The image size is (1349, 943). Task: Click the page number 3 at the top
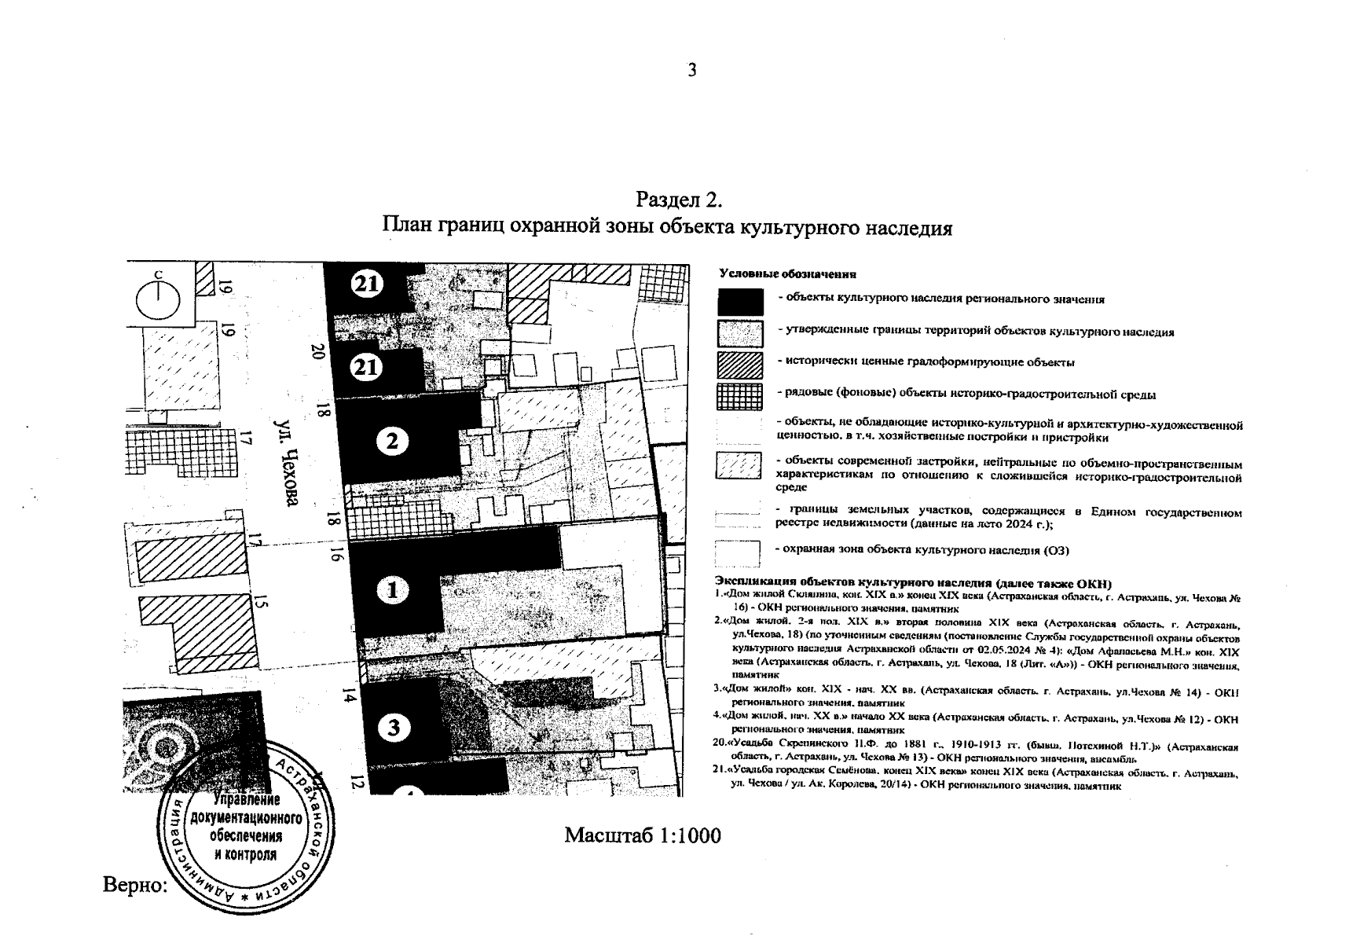point(691,71)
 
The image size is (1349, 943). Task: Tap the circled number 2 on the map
point(392,442)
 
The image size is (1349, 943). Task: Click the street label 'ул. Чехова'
point(287,461)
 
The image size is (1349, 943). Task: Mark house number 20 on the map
point(318,352)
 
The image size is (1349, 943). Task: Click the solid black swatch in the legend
point(739,302)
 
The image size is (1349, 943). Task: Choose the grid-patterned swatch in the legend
point(739,395)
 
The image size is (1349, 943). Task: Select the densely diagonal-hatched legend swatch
point(739,364)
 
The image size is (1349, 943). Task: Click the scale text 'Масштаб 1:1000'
point(642,835)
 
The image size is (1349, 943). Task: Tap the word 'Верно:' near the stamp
point(135,885)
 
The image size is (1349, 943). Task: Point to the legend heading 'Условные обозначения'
point(787,274)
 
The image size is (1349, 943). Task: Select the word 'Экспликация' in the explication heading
point(756,584)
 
